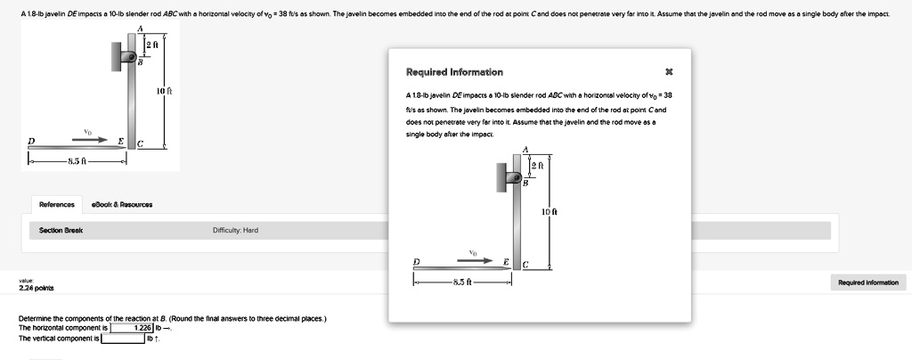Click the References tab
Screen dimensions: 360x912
click(x=57, y=204)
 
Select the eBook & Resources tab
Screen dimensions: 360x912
click(x=122, y=204)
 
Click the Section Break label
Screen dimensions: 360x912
click(x=61, y=230)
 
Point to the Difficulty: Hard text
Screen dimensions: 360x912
click(x=236, y=230)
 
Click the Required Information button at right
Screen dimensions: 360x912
click(x=867, y=282)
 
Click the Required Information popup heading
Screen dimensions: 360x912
click(x=454, y=71)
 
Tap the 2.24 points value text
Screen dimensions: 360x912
click(x=37, y=289)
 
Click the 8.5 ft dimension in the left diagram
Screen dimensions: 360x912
click(x=77, y=161)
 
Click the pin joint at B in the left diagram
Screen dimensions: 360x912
click(x=131, y=57)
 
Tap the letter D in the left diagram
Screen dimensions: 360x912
click(x=31, y=140)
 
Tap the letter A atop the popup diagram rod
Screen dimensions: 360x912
click(x=525, y=150)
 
